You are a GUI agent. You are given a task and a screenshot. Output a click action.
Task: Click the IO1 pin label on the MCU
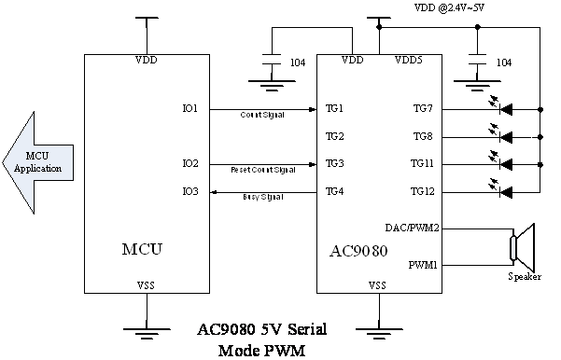pyautogui.click(x=189, y=109)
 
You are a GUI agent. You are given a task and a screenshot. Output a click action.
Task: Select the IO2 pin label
pyautogui.click(x=189, y=164)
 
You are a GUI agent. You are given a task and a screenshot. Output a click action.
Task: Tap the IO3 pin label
pyautogui.click(x=189, y=191)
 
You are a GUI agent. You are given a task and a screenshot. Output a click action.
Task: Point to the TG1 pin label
pyautogui.click(x=334, y=109)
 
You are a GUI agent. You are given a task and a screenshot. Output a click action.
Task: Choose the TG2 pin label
pyautogui.click(x=334, y=137)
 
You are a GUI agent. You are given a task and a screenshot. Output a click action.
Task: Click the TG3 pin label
pyautogui.click(x=334, y=164)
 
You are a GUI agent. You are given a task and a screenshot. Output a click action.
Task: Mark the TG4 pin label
pyautogui.click(x=334, y=191)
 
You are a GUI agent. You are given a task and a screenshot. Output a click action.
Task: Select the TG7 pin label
pyautogui.click(x=423, y=109)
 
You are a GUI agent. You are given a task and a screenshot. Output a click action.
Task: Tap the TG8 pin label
pyautogui.click(x=423, y=137)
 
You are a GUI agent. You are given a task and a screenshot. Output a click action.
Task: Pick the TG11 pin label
pyautogui.click(x=422, y=164)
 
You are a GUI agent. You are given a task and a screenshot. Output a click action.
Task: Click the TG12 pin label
pyautogui.click(x=422, y=191)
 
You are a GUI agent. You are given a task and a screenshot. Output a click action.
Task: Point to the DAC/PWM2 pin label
pyautogui.click(x=412, y=228)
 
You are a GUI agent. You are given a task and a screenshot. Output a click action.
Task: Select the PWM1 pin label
pyautogui.click(x=423, y=266)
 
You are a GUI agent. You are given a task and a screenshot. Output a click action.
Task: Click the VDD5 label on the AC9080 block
pyautogui.click(x=408, y=61)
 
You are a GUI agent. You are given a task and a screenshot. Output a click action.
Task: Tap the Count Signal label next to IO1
pyautogui.click(x=262, y=115)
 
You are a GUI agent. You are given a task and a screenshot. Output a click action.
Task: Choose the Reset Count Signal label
pyautogui.click(x=262, y=171)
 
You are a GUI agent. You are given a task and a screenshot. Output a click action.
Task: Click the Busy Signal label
pyautogui.click(x=262, y=198)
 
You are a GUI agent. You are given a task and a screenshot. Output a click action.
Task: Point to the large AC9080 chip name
pyautogui.click(x=359, y=251)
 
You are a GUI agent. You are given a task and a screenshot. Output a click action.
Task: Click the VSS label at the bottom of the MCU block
pyautogui.click(x=147, y=284)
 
